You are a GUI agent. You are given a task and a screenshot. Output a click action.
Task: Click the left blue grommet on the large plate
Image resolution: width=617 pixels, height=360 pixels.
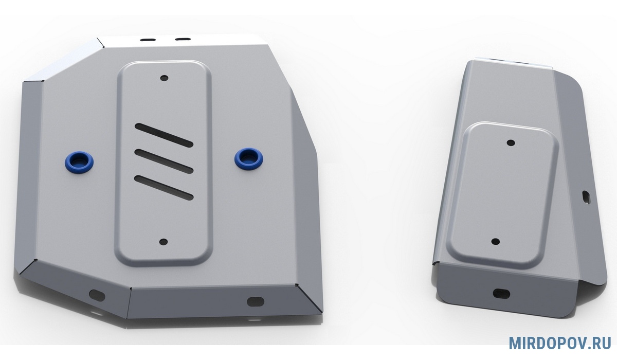point(79,161)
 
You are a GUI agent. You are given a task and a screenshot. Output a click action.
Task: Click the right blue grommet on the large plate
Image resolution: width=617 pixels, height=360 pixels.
point(249,158)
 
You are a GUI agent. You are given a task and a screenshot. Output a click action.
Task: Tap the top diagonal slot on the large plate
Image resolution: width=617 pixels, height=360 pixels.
point(164,135)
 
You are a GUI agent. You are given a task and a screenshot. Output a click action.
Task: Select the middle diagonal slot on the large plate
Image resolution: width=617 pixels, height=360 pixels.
point(164,161)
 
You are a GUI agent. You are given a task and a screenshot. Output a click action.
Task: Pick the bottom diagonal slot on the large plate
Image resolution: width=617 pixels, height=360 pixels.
point(164,188)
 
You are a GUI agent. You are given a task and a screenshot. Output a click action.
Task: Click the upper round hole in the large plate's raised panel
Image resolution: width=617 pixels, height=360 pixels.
point(165,78)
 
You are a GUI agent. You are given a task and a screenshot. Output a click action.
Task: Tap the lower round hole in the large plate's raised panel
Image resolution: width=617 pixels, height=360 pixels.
point(164,242)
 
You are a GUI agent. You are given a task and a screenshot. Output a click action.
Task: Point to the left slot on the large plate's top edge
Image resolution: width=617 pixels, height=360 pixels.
point(148,40)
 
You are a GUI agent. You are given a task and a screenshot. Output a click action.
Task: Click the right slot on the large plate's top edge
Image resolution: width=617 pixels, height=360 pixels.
point(183,39)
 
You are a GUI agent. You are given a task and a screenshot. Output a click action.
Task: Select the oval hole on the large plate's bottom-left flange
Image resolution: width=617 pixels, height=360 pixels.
point(97,296)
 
